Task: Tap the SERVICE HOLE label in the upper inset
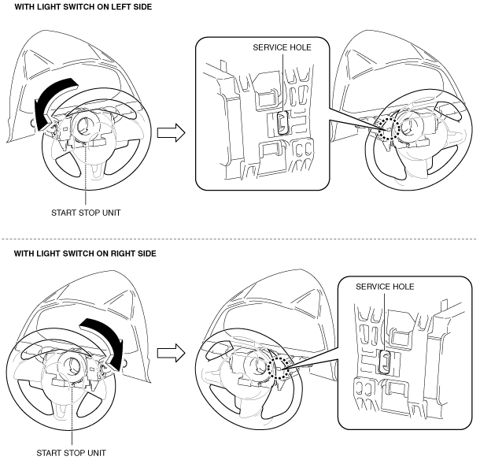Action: pos(282,47)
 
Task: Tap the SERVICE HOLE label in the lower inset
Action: pos(385,286)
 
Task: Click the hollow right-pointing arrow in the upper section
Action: pos(172,132)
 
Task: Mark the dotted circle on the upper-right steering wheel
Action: pos(386,128)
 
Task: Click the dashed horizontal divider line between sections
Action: pos(240,237)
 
